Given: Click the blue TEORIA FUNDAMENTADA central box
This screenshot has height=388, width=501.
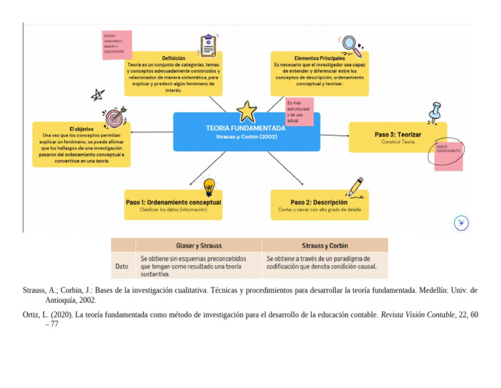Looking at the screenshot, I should (246, 132).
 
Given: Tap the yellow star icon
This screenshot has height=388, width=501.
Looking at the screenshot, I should (247, 111).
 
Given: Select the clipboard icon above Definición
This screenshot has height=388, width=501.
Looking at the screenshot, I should (208, 45).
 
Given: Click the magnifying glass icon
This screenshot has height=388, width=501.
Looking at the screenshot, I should (352, 46).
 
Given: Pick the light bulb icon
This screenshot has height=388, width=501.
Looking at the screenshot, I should (209, 187).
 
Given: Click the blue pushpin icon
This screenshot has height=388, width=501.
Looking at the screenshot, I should (434, 112).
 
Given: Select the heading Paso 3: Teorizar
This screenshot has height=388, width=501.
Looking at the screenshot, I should (397, 135).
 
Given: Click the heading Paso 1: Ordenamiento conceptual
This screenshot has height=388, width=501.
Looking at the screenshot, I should (174, 202).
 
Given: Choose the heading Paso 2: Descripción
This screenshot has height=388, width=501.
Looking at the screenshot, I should (319, 202).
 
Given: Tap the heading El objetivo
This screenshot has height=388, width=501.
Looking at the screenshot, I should (82, 129).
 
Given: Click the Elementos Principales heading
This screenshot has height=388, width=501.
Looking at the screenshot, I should (320, 58).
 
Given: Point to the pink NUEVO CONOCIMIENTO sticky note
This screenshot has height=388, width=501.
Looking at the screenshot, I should (449, 155).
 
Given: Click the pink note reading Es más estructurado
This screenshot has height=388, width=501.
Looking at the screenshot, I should (299, 112).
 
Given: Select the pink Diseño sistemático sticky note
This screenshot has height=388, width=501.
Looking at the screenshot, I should (117, 44).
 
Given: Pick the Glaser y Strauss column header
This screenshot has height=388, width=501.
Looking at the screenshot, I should (199, 246).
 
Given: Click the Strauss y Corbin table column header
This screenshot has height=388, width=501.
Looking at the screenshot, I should (325, 246).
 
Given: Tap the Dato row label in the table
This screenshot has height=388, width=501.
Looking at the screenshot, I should (122, 266).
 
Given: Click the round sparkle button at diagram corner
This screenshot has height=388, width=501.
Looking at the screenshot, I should (461, 223).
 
